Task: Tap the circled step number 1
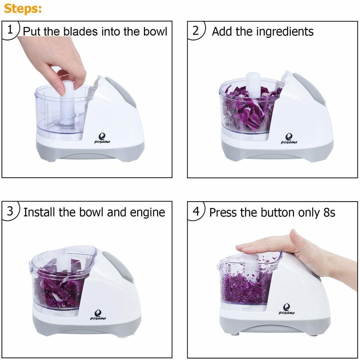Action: (x=10, y=31)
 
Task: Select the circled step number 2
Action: (x=196, y=31)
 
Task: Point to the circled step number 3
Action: (x=10, y=211)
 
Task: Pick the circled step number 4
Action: (x=196, y=211)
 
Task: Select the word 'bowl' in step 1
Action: (x=154, y=31)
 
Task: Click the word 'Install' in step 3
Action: (x=39, y=212)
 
